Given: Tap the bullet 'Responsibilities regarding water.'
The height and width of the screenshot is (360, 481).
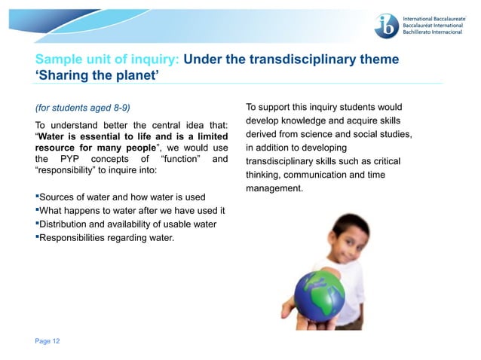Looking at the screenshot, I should point(106,238).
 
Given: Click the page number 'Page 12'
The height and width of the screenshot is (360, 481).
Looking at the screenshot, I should point(47,341).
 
